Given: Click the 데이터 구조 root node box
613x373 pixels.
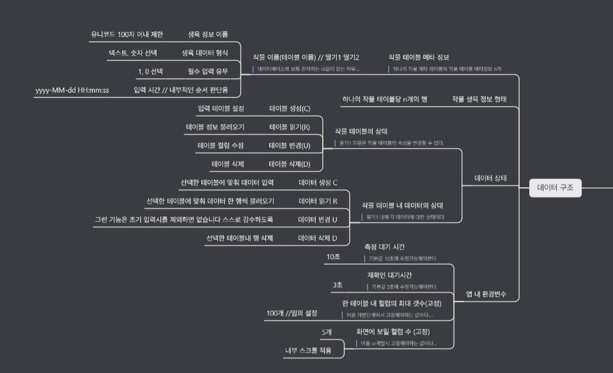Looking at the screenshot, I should tap(555, 188).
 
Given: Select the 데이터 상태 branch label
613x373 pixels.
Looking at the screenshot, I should tap(490, 178).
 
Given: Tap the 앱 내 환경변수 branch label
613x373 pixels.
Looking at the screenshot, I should tap(486, 294).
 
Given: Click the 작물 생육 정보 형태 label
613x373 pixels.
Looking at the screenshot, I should tap(479, 99).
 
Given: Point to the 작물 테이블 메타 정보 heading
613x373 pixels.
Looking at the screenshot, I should tap(419, 57).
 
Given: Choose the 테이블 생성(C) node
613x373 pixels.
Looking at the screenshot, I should tap(290, 109).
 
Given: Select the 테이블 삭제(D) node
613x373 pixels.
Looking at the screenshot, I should tap(289, 164).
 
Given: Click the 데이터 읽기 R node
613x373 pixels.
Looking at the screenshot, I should tap(318, 201).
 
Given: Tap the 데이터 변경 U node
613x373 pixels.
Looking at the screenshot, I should tap(318, 220).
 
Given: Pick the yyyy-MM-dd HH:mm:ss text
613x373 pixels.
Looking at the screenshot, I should tap(72, 90).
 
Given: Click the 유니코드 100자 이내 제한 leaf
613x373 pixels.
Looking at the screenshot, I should tap(127, 34).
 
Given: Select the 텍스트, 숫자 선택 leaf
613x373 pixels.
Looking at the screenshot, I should tap(133, 52).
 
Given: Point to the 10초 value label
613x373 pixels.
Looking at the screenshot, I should tap(333, 257).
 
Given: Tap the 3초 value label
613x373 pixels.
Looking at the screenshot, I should tap(337, 285).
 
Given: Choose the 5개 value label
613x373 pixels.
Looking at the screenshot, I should tap(327, 332).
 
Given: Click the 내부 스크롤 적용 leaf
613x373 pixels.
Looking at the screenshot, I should tap(308, 351).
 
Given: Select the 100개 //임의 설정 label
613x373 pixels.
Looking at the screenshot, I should tap(291, 313).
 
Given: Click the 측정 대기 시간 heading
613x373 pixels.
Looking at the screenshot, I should tap(384, 247).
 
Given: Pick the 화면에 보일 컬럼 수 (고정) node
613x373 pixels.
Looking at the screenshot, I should tap(392, 331).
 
